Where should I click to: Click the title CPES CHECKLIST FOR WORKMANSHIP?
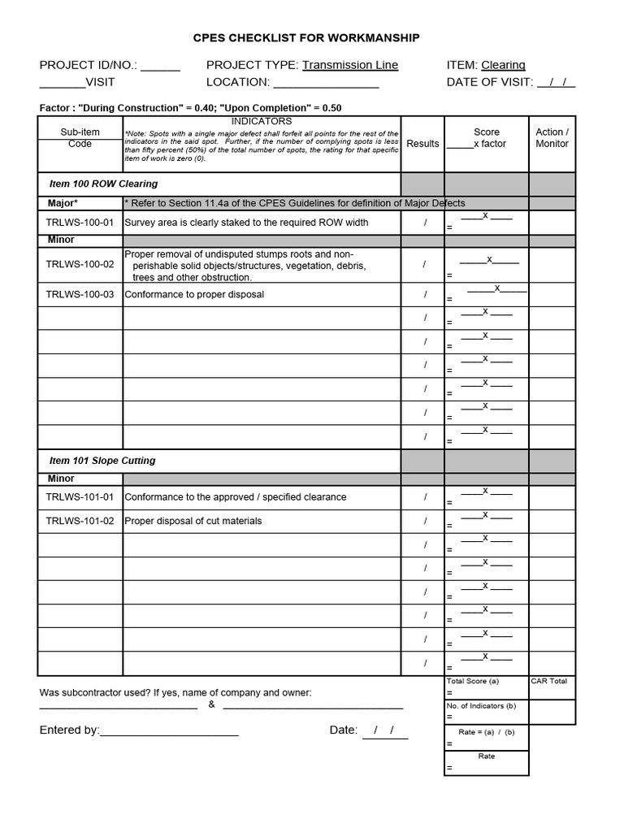[306, 38]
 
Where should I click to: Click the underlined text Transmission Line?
[350, 65]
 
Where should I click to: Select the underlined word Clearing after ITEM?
[503, 65]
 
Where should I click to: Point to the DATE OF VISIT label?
[489, 82]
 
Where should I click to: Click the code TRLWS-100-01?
[80, 223]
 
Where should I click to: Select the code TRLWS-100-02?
[80, 265]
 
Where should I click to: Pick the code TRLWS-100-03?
[80, 295]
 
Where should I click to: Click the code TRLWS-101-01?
[80, 497]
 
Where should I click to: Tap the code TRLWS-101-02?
[80, 521]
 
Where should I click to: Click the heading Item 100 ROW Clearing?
[103, 184]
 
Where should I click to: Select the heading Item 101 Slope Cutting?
[102, 461]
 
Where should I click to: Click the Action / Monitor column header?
[552, 138]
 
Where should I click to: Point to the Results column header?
[422, 144]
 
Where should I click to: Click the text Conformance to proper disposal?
[194, 295]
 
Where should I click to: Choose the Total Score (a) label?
[472, 681]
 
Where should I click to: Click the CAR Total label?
[549, 681]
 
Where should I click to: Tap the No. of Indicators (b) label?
[481, 706]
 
